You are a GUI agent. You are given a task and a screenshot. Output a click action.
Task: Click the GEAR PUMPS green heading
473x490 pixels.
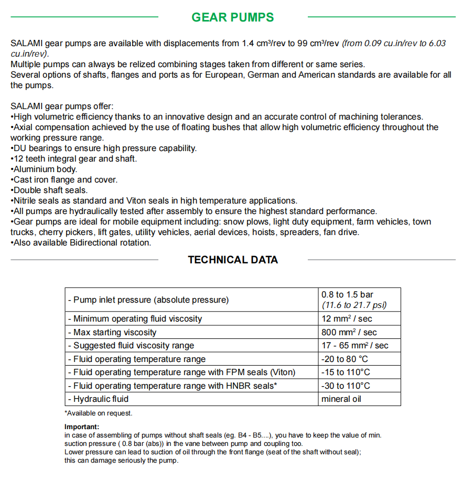coord(232,17)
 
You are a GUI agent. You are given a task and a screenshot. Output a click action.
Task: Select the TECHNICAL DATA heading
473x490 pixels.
coord(233,260)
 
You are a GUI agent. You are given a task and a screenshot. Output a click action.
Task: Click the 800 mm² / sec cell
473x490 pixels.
coord(349,333)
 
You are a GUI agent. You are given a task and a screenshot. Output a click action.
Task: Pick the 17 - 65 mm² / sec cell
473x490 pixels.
coord(354,346)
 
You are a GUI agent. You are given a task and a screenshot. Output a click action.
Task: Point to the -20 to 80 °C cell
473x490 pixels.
coord(345,359)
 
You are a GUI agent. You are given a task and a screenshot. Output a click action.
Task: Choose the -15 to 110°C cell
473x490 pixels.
coord(346,372)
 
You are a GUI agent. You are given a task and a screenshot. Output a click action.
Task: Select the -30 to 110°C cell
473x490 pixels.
coord(346,386)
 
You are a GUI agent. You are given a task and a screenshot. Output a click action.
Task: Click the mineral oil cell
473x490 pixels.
coord(341,399)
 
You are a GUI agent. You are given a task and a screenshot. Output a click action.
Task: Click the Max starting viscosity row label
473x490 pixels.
coord(112,333)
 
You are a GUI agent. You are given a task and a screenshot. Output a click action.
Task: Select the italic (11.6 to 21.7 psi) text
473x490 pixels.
coord(354,305)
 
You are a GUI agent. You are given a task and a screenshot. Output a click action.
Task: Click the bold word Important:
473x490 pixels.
coord(81,427)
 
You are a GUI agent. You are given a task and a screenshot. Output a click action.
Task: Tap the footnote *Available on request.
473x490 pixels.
coord(99,413)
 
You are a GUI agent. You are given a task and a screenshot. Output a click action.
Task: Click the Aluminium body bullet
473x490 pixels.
coord(44,169)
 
